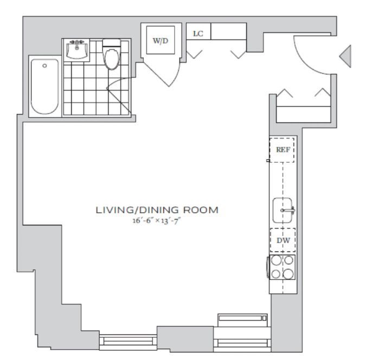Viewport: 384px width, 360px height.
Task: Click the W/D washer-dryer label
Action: pyautogui.click(x=161, y=41)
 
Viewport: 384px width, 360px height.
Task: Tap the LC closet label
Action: pyautogui.click(x=198, y=34)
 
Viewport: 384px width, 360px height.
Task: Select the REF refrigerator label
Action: pyautogui.click(x=283, y=150)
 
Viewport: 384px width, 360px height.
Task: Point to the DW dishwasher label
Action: pyautogui.click(x=283, y=240)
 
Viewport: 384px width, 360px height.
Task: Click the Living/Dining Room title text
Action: pyautogui.click(x=157, y=210)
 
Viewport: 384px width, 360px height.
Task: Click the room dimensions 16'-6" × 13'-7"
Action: pyautogui.click(x=157, y=221)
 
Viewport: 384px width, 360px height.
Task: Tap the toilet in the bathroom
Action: pyautogui.click(x=111, y=54)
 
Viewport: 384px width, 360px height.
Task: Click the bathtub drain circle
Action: pyautogui.click(x=44, y=66)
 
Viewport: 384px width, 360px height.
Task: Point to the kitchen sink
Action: pyautogui.click(x=283, y=210)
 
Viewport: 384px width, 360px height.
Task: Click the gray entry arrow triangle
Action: pyautogui.click(x=345, y=56)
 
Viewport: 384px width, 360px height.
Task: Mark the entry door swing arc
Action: pyautogui.click(x=304, y=63)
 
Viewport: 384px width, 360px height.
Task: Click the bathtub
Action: pyautogui.click(x=45, y=86)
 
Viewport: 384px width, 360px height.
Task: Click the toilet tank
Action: pyautogui.click(x=111, y=43)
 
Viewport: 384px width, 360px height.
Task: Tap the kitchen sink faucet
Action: pyautogui.click(x=289, y=210)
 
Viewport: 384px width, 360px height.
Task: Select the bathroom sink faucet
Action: pyautogui.click(x=77, y=43)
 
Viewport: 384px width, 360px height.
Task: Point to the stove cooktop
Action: pyautogui.click(x=283, y=267)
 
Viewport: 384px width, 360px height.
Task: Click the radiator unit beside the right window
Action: pyautogui.click(x=242, y=318)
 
